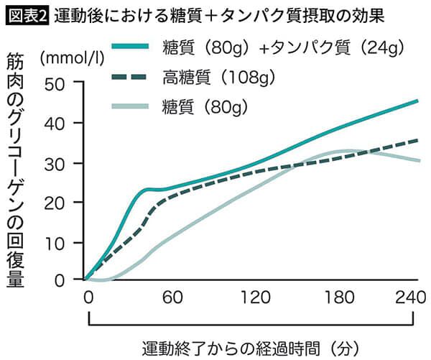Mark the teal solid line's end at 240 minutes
(417, 101)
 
